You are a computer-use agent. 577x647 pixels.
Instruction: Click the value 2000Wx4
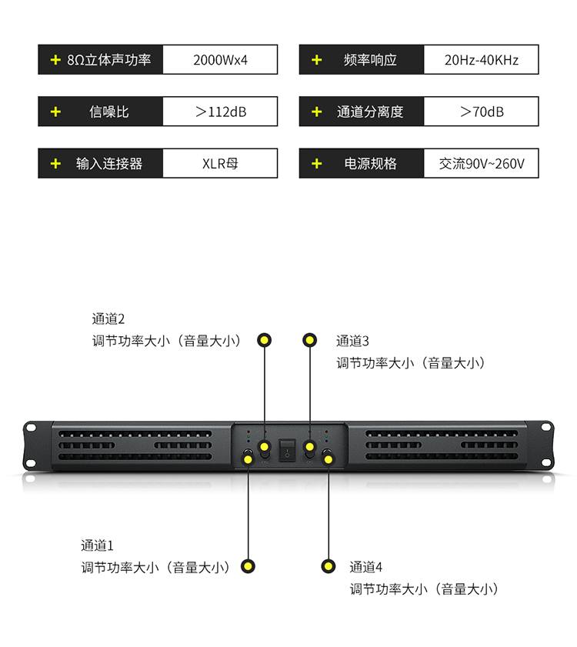(220, 60)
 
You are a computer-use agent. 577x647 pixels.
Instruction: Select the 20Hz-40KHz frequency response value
(482, 60)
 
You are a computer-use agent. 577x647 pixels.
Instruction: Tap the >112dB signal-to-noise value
(221, 112)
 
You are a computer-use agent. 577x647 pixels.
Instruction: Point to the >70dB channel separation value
(482, 112)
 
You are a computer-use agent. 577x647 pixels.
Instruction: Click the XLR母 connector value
(220, 164)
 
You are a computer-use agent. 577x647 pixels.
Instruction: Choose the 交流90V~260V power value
(482, 164)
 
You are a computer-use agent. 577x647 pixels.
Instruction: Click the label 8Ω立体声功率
(109, 60)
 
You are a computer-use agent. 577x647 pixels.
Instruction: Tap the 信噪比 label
(109, 112)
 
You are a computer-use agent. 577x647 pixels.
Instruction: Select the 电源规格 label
(370, 164)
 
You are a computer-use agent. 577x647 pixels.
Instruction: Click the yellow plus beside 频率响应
(316, 60)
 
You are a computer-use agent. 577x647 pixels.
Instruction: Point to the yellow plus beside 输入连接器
(55, 164)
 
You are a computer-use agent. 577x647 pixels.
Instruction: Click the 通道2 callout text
(108, 319)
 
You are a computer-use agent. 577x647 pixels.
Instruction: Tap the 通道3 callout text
(352, 342)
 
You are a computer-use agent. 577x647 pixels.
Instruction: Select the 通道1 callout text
(97, 546)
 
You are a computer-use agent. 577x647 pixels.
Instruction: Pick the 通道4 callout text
(365, 567)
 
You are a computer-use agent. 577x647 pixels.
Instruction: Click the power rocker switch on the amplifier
(287, 450)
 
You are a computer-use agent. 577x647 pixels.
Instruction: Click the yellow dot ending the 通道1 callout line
(248, 566)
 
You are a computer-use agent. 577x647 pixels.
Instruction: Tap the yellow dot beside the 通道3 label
(309, 340)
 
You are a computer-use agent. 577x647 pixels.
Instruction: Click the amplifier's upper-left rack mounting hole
(31, 428)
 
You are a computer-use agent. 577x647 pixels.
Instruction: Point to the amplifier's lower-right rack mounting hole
(546, 462)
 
